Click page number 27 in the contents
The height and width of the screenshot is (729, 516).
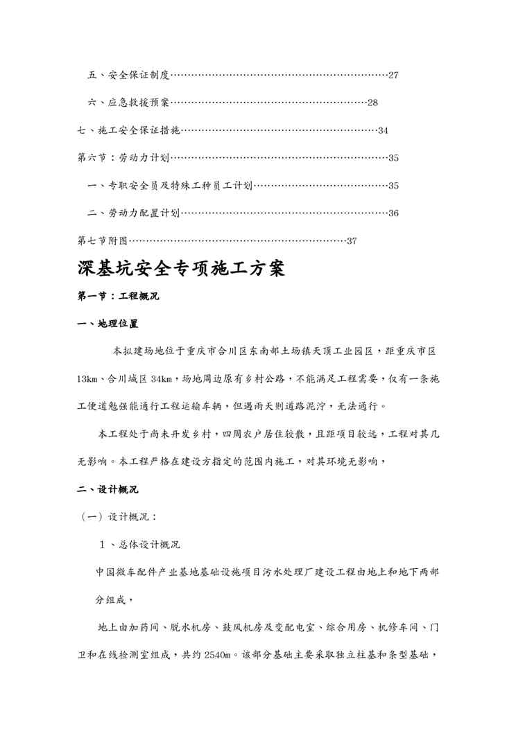coord(393,75)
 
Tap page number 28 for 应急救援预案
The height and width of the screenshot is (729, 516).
coord(372,103)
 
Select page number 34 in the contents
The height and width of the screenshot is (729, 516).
coord(383,130)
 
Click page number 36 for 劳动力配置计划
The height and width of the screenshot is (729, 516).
coord(393,213)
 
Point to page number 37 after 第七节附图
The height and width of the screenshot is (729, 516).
coord(351,241)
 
